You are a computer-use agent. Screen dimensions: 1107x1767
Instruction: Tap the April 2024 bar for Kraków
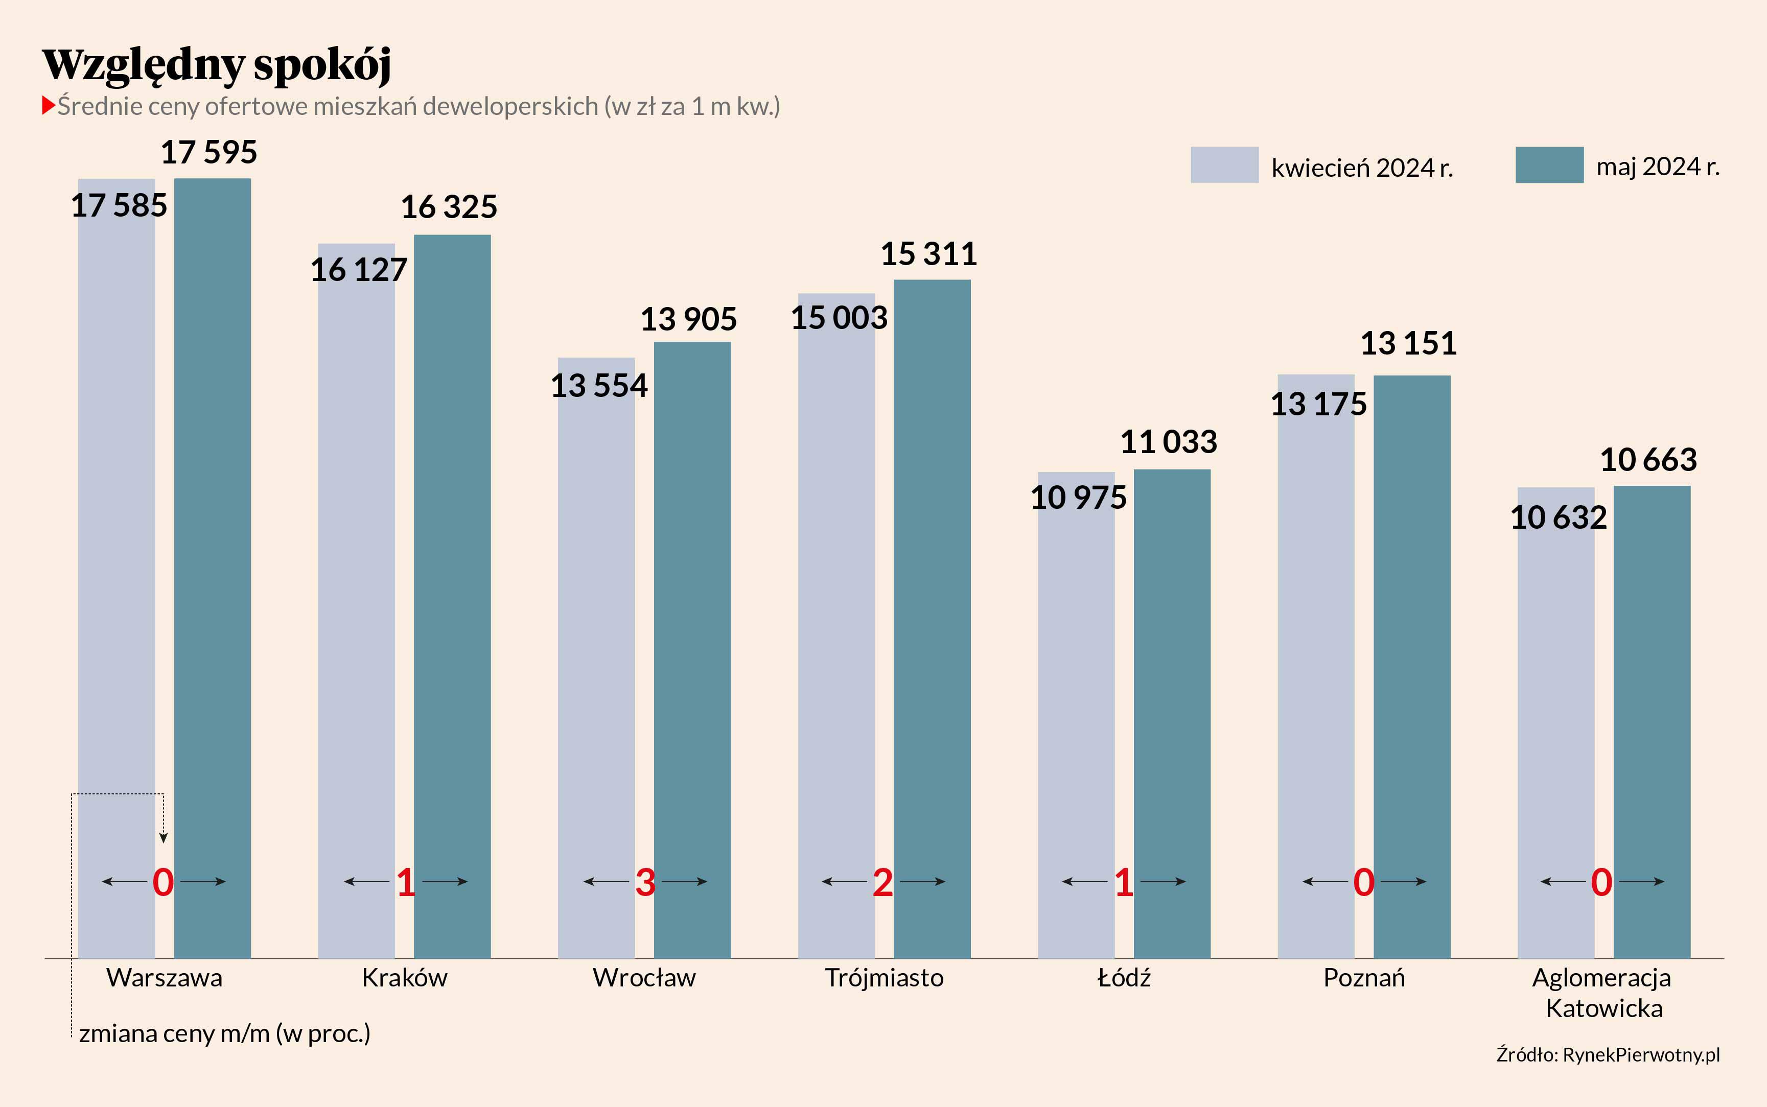pyautogui.click(x=356, y=600)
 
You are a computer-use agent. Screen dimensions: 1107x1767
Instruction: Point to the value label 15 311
pyautogui.click(x=928, y=254)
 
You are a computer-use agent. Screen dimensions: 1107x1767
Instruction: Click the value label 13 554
pyautogui.click(x=599, y=386)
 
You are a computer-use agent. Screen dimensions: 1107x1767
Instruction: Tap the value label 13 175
pyautogui.click(x=1318, y=404)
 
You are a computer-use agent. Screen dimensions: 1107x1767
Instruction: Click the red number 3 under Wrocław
pyautogui.click(x=645, y=882)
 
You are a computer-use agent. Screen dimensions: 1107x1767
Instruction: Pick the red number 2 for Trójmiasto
pyautogui.click(x=882, y=882)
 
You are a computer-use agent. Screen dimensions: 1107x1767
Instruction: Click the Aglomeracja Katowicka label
pyautogui.click(x=1602, y=993)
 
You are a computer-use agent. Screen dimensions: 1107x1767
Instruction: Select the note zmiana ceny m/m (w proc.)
pyautogui.click(x=224, y=1033)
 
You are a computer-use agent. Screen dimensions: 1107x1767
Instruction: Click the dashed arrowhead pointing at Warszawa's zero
pyautogui.click(x=164, y=838)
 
